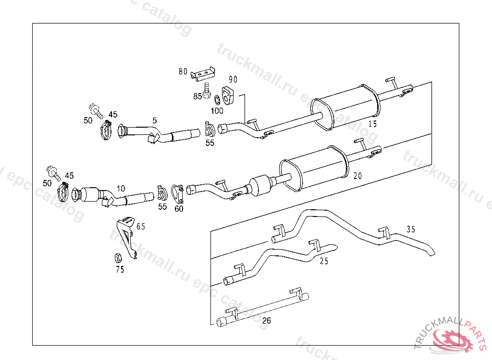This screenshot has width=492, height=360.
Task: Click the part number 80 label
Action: [183, 72]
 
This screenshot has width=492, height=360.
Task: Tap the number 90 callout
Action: [233, 79]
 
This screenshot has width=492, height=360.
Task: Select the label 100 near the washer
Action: [217, 111]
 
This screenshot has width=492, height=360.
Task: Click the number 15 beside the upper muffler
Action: [372, 123]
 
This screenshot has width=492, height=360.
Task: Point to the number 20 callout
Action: [357, 176]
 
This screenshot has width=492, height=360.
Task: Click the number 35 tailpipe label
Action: [410, 229]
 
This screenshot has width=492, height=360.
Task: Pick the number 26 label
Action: [267, 320]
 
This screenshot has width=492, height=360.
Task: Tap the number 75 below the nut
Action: [120, 269]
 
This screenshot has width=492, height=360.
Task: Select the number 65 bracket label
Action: [140, 226]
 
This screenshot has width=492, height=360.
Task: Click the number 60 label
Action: [179, 209]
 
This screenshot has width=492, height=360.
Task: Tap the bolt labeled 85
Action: [207, 91]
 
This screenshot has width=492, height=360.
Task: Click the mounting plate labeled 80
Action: [202, 74]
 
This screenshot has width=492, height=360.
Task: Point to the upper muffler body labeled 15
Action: [346, 108]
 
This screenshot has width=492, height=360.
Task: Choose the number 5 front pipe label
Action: [155, 120]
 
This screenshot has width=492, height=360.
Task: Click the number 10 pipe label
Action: [120, 189]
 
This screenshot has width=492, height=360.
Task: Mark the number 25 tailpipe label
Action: [324, 261]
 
